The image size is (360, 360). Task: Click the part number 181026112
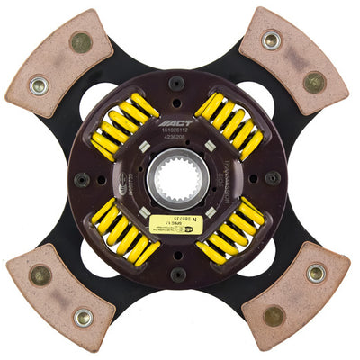(x=178, y=131)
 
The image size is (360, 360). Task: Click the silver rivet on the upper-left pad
(x=38, y=87)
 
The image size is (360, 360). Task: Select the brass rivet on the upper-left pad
(x=80, y=41)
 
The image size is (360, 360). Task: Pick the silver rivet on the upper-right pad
(x=271, y=40)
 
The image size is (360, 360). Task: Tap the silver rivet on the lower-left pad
(x=82, y=316)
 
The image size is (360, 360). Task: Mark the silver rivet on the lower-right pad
(x=315, y=272)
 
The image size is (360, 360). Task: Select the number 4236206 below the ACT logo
(x=178, y=139)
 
